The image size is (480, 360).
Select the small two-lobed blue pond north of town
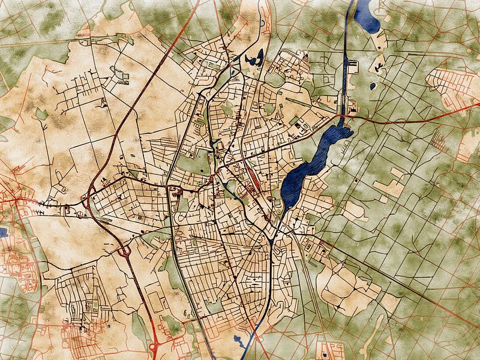pos(253,59)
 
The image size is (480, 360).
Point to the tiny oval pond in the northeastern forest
pos(373,86)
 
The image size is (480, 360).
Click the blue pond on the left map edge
pos(2,231)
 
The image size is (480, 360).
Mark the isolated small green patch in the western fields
pos(41,114)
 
